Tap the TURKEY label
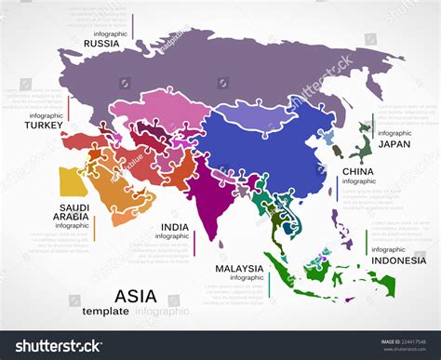coord(44,125)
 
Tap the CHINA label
coord(358,171)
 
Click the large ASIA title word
coord(135,295)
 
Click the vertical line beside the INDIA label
coord(194,242)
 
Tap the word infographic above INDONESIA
coord(388,249)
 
